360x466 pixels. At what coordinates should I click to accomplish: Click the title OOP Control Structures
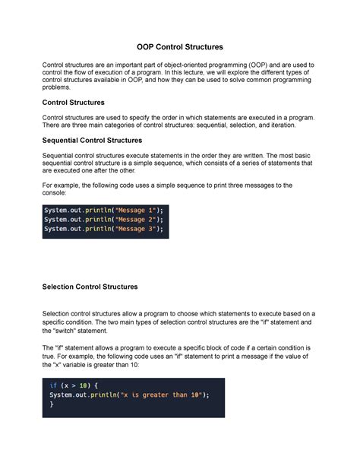point(180,47)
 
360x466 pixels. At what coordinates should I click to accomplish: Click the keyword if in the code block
point(53,386)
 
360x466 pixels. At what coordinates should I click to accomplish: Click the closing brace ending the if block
point(52,405)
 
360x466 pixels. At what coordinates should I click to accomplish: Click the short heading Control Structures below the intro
point(74,102)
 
